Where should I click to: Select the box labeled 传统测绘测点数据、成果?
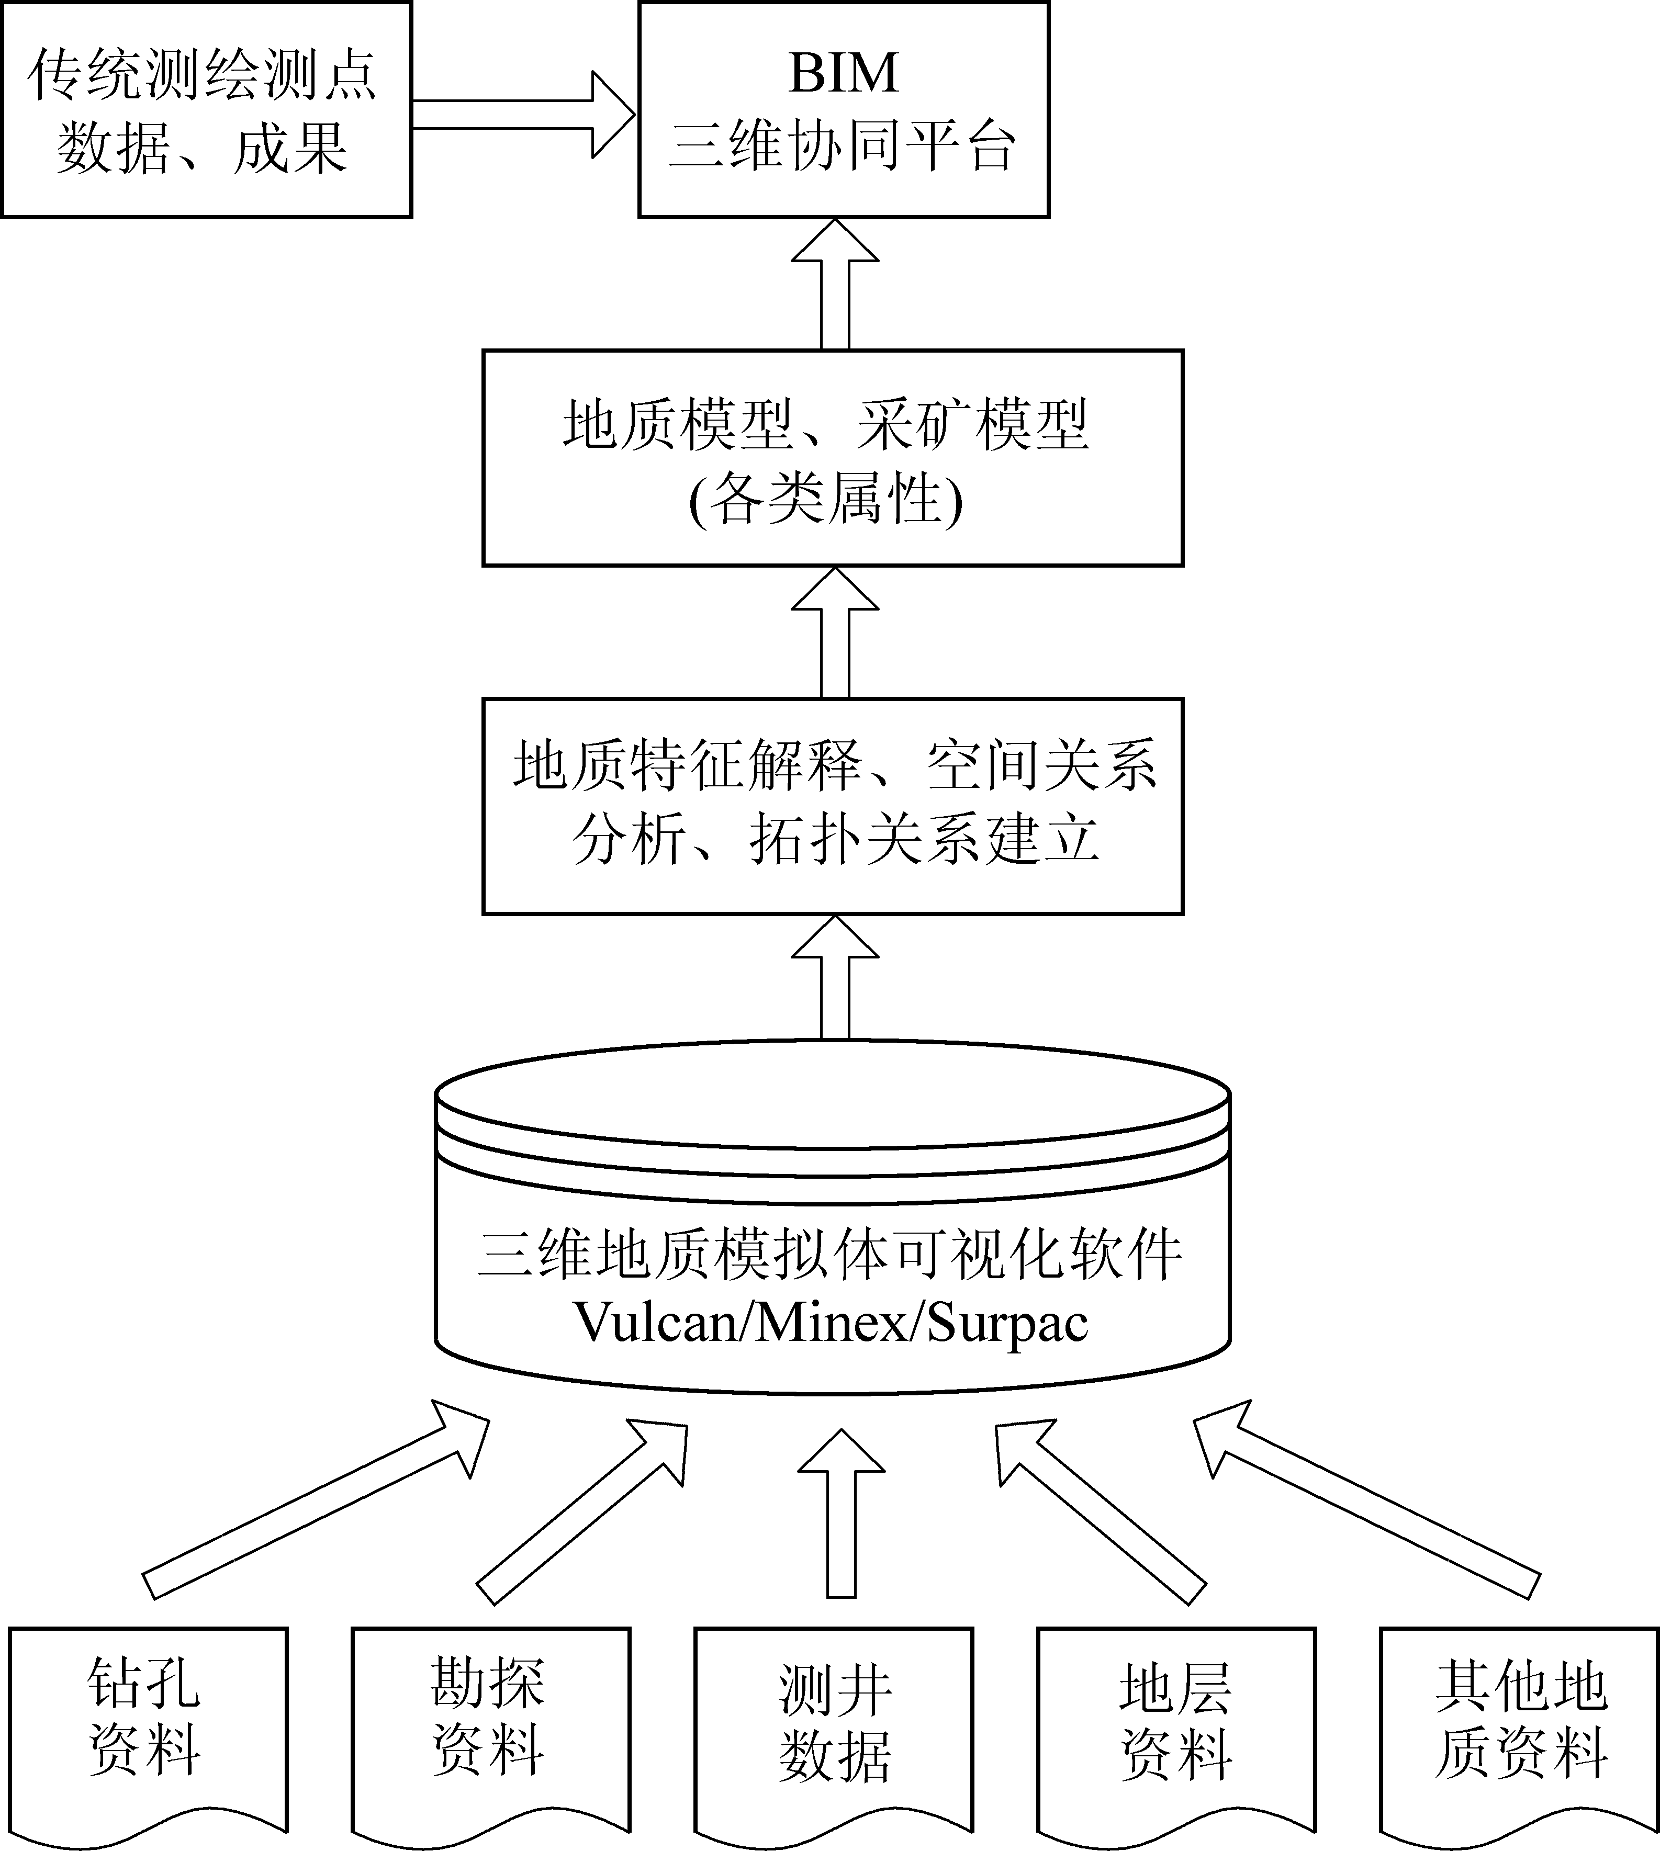(206, 109)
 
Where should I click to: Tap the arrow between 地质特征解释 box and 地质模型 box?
(835, 633)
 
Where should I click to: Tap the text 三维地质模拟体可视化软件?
(830, 1255)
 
